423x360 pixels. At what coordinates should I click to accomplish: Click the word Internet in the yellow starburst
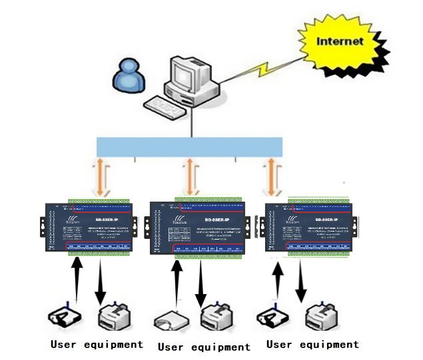point(340,41)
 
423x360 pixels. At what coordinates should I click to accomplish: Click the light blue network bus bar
point(189,146)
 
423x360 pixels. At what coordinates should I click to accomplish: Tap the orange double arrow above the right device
point(272,176)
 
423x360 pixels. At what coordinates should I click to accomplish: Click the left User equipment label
point(97,344)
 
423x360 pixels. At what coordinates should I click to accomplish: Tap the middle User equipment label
point(204,347)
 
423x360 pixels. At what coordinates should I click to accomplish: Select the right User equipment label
point(312,344)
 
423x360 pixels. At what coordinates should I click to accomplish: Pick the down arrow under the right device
point(301,283)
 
